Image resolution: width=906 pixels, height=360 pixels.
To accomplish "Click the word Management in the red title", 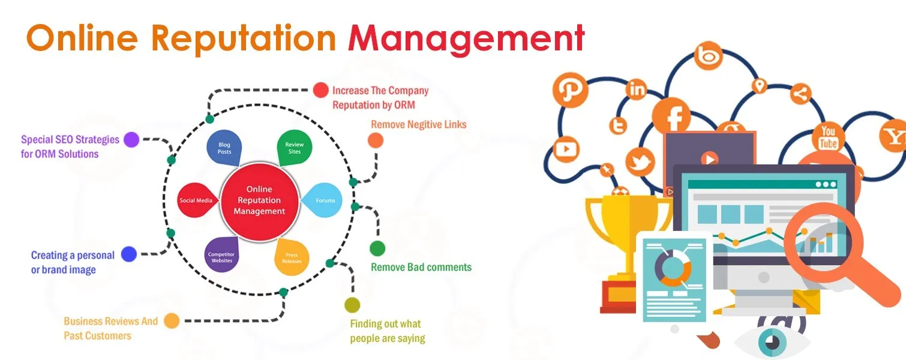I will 466,39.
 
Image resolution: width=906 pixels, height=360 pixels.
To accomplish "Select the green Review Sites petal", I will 294,148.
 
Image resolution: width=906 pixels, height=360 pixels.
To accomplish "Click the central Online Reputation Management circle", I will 259,200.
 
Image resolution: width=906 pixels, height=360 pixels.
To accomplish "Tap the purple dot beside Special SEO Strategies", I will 131,140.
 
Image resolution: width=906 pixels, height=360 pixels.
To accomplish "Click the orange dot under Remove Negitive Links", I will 375,140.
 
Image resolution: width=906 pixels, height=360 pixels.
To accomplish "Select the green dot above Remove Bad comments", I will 377,248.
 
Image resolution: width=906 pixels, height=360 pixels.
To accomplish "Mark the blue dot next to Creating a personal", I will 129,254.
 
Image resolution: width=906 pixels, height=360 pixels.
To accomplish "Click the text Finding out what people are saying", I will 388,331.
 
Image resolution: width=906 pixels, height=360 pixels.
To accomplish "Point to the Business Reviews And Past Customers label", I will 110,328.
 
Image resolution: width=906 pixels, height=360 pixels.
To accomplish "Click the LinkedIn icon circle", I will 637,90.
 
